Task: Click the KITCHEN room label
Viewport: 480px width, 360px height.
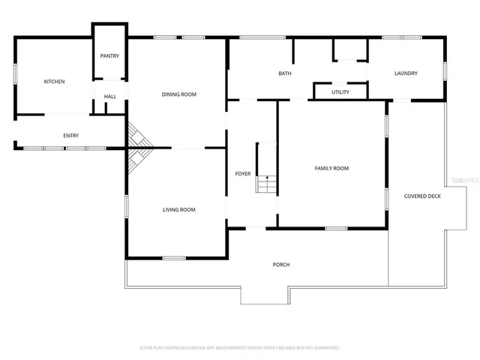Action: pos(54,81)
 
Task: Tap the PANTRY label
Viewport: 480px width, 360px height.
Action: pos(109,56)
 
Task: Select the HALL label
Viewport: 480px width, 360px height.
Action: pos(109,97)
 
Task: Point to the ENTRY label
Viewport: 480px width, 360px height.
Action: pos(70,136)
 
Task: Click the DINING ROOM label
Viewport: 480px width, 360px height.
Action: pos(179,94)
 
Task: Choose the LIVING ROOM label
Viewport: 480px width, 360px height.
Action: pos(179,210)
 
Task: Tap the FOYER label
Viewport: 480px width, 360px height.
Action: pos(243,174)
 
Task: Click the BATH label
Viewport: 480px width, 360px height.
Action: pos(285,73)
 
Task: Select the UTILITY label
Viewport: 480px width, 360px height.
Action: pos(340,91)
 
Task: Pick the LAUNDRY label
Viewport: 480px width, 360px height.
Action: pos(406,73)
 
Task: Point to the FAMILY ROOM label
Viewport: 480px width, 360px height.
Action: pos(331,169)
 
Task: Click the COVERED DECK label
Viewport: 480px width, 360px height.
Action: pos(422,196)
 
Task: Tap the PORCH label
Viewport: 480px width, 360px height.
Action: pos(281,265)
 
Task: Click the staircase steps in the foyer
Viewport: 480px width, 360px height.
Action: pos(266,184)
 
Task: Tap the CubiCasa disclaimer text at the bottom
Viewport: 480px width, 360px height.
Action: pos(240,348)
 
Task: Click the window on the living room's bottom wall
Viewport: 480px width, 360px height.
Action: pos(174,258)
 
